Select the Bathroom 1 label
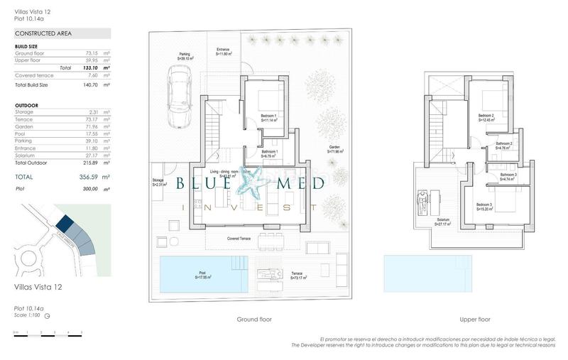(269, 153)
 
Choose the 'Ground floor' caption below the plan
(254, 320)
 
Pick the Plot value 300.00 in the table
(89, 189)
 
